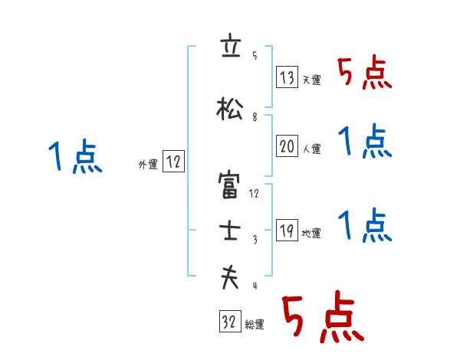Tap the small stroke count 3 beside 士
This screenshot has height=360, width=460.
pyautogui.click(x=254, y=240)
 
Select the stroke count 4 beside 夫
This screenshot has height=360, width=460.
pyautogui.click(x=254, y=286)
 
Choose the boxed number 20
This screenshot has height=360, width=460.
pyautogui.click(x=287, y=146)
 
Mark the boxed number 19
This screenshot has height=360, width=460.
pyautogui.click(x=287, y=231)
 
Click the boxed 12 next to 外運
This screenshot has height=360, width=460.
pyautogui.click(x=173, y=161)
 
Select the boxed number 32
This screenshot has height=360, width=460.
pyautogui.click(x=228, y=322)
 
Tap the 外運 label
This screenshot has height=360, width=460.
pyautogui.click(x=148, y=164)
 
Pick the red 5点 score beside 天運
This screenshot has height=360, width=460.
pyautogui.click(x=364, y=74)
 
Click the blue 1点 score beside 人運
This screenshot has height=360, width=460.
pyautogui.click(x=364, y=142)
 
